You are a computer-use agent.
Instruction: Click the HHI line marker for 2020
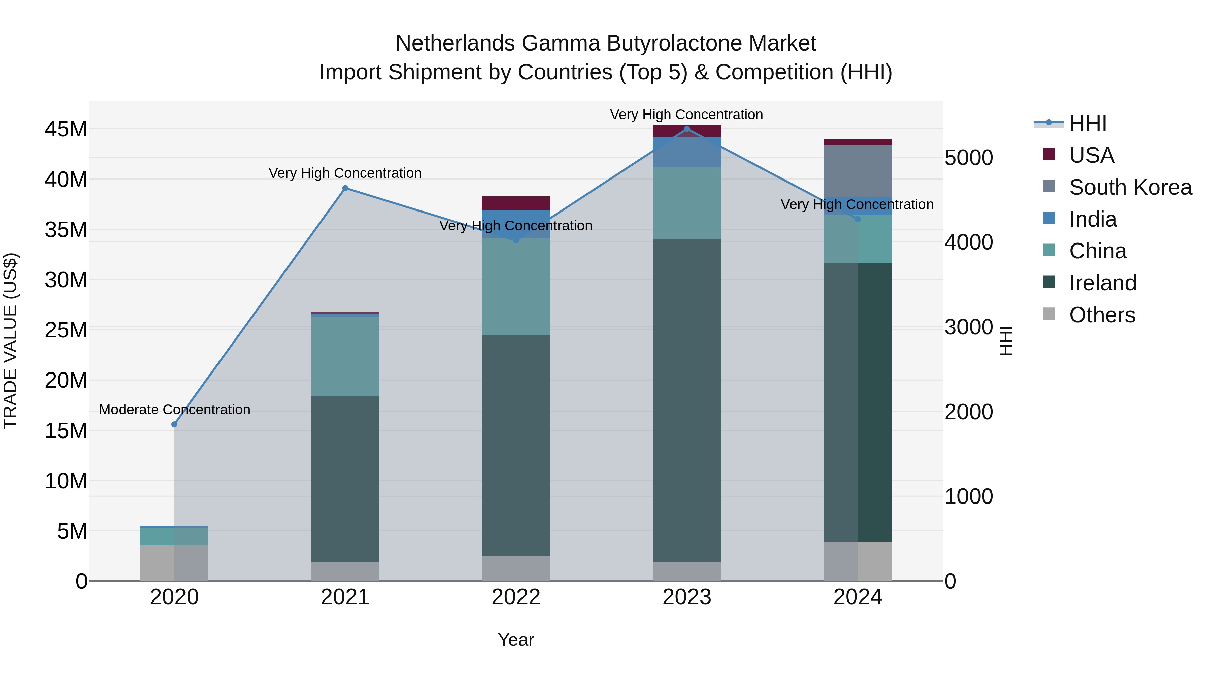(174, 424)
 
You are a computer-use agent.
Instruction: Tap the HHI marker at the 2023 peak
(686, 129)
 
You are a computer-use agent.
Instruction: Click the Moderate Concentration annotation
(174, 410)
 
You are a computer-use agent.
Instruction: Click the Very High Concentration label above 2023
(686, 115)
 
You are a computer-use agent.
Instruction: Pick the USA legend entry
(1091, 155)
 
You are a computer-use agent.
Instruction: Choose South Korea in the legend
(1130, 187)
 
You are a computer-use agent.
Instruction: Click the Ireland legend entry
(1102, 283)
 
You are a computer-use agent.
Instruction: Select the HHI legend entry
(1087, 123)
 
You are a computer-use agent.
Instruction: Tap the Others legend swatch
(1049, 314)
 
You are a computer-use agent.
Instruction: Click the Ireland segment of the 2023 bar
(686, 400)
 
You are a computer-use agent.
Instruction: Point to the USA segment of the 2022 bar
(516, 203)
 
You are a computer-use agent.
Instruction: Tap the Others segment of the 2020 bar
(174, 562)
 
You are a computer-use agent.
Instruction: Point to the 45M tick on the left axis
(66, 129)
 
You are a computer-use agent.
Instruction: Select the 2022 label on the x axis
(516, 597)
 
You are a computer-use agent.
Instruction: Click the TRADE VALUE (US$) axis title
(10, 341)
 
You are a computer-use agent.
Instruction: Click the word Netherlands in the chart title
(455, 43)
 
